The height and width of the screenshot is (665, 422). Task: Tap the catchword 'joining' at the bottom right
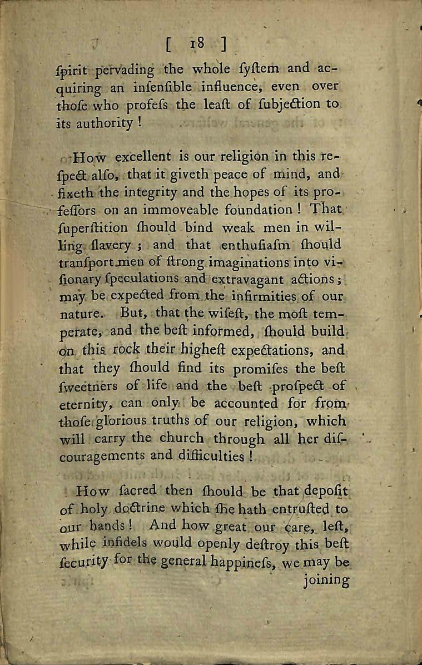(327, 581)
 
